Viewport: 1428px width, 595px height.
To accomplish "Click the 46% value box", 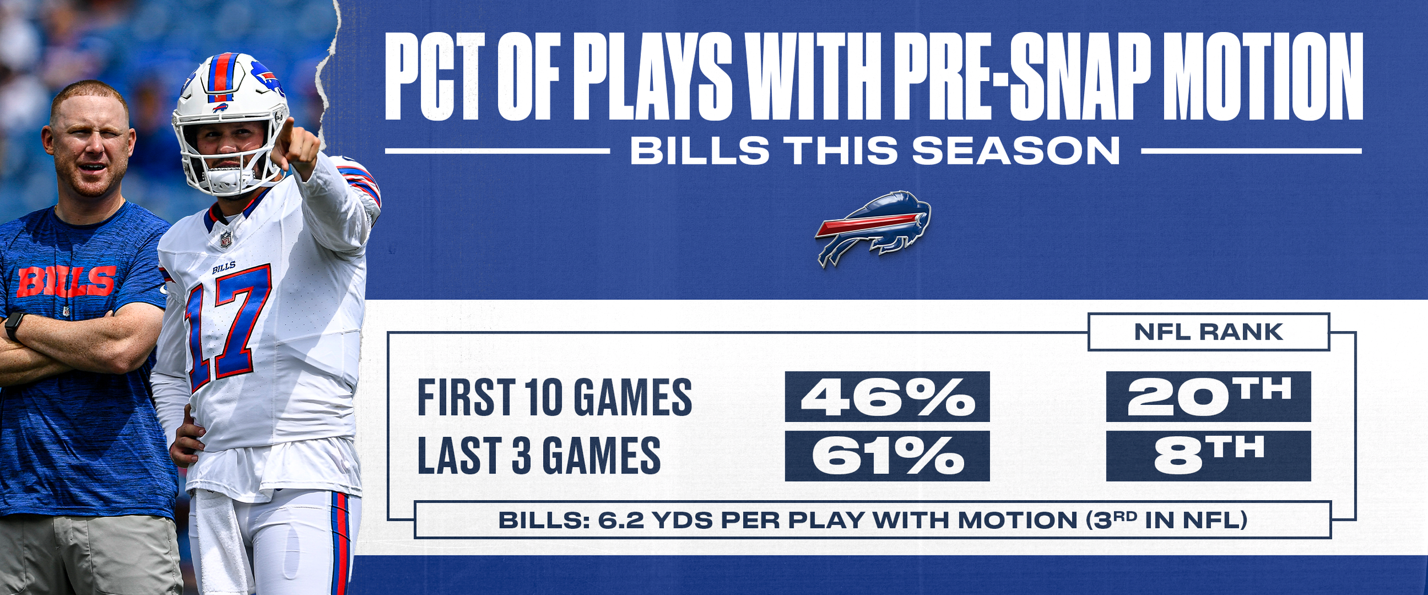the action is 887,396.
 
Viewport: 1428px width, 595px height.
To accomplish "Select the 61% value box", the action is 887,456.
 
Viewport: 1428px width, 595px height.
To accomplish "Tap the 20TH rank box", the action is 1209,396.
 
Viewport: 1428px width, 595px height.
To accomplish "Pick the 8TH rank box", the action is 1209,456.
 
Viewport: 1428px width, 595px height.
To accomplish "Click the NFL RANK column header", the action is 1209,332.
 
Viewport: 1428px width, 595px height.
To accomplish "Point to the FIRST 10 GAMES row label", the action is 555,397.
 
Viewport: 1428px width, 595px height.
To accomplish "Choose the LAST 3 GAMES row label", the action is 539,456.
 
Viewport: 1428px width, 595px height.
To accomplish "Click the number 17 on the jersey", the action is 227,328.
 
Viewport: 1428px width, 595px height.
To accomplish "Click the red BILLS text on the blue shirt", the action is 66,282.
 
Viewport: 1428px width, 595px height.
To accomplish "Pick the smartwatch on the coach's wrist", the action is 13,326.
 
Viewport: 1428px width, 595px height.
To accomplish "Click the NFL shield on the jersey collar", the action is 226,239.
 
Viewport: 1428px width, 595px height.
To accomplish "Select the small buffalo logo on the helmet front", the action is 220,107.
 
